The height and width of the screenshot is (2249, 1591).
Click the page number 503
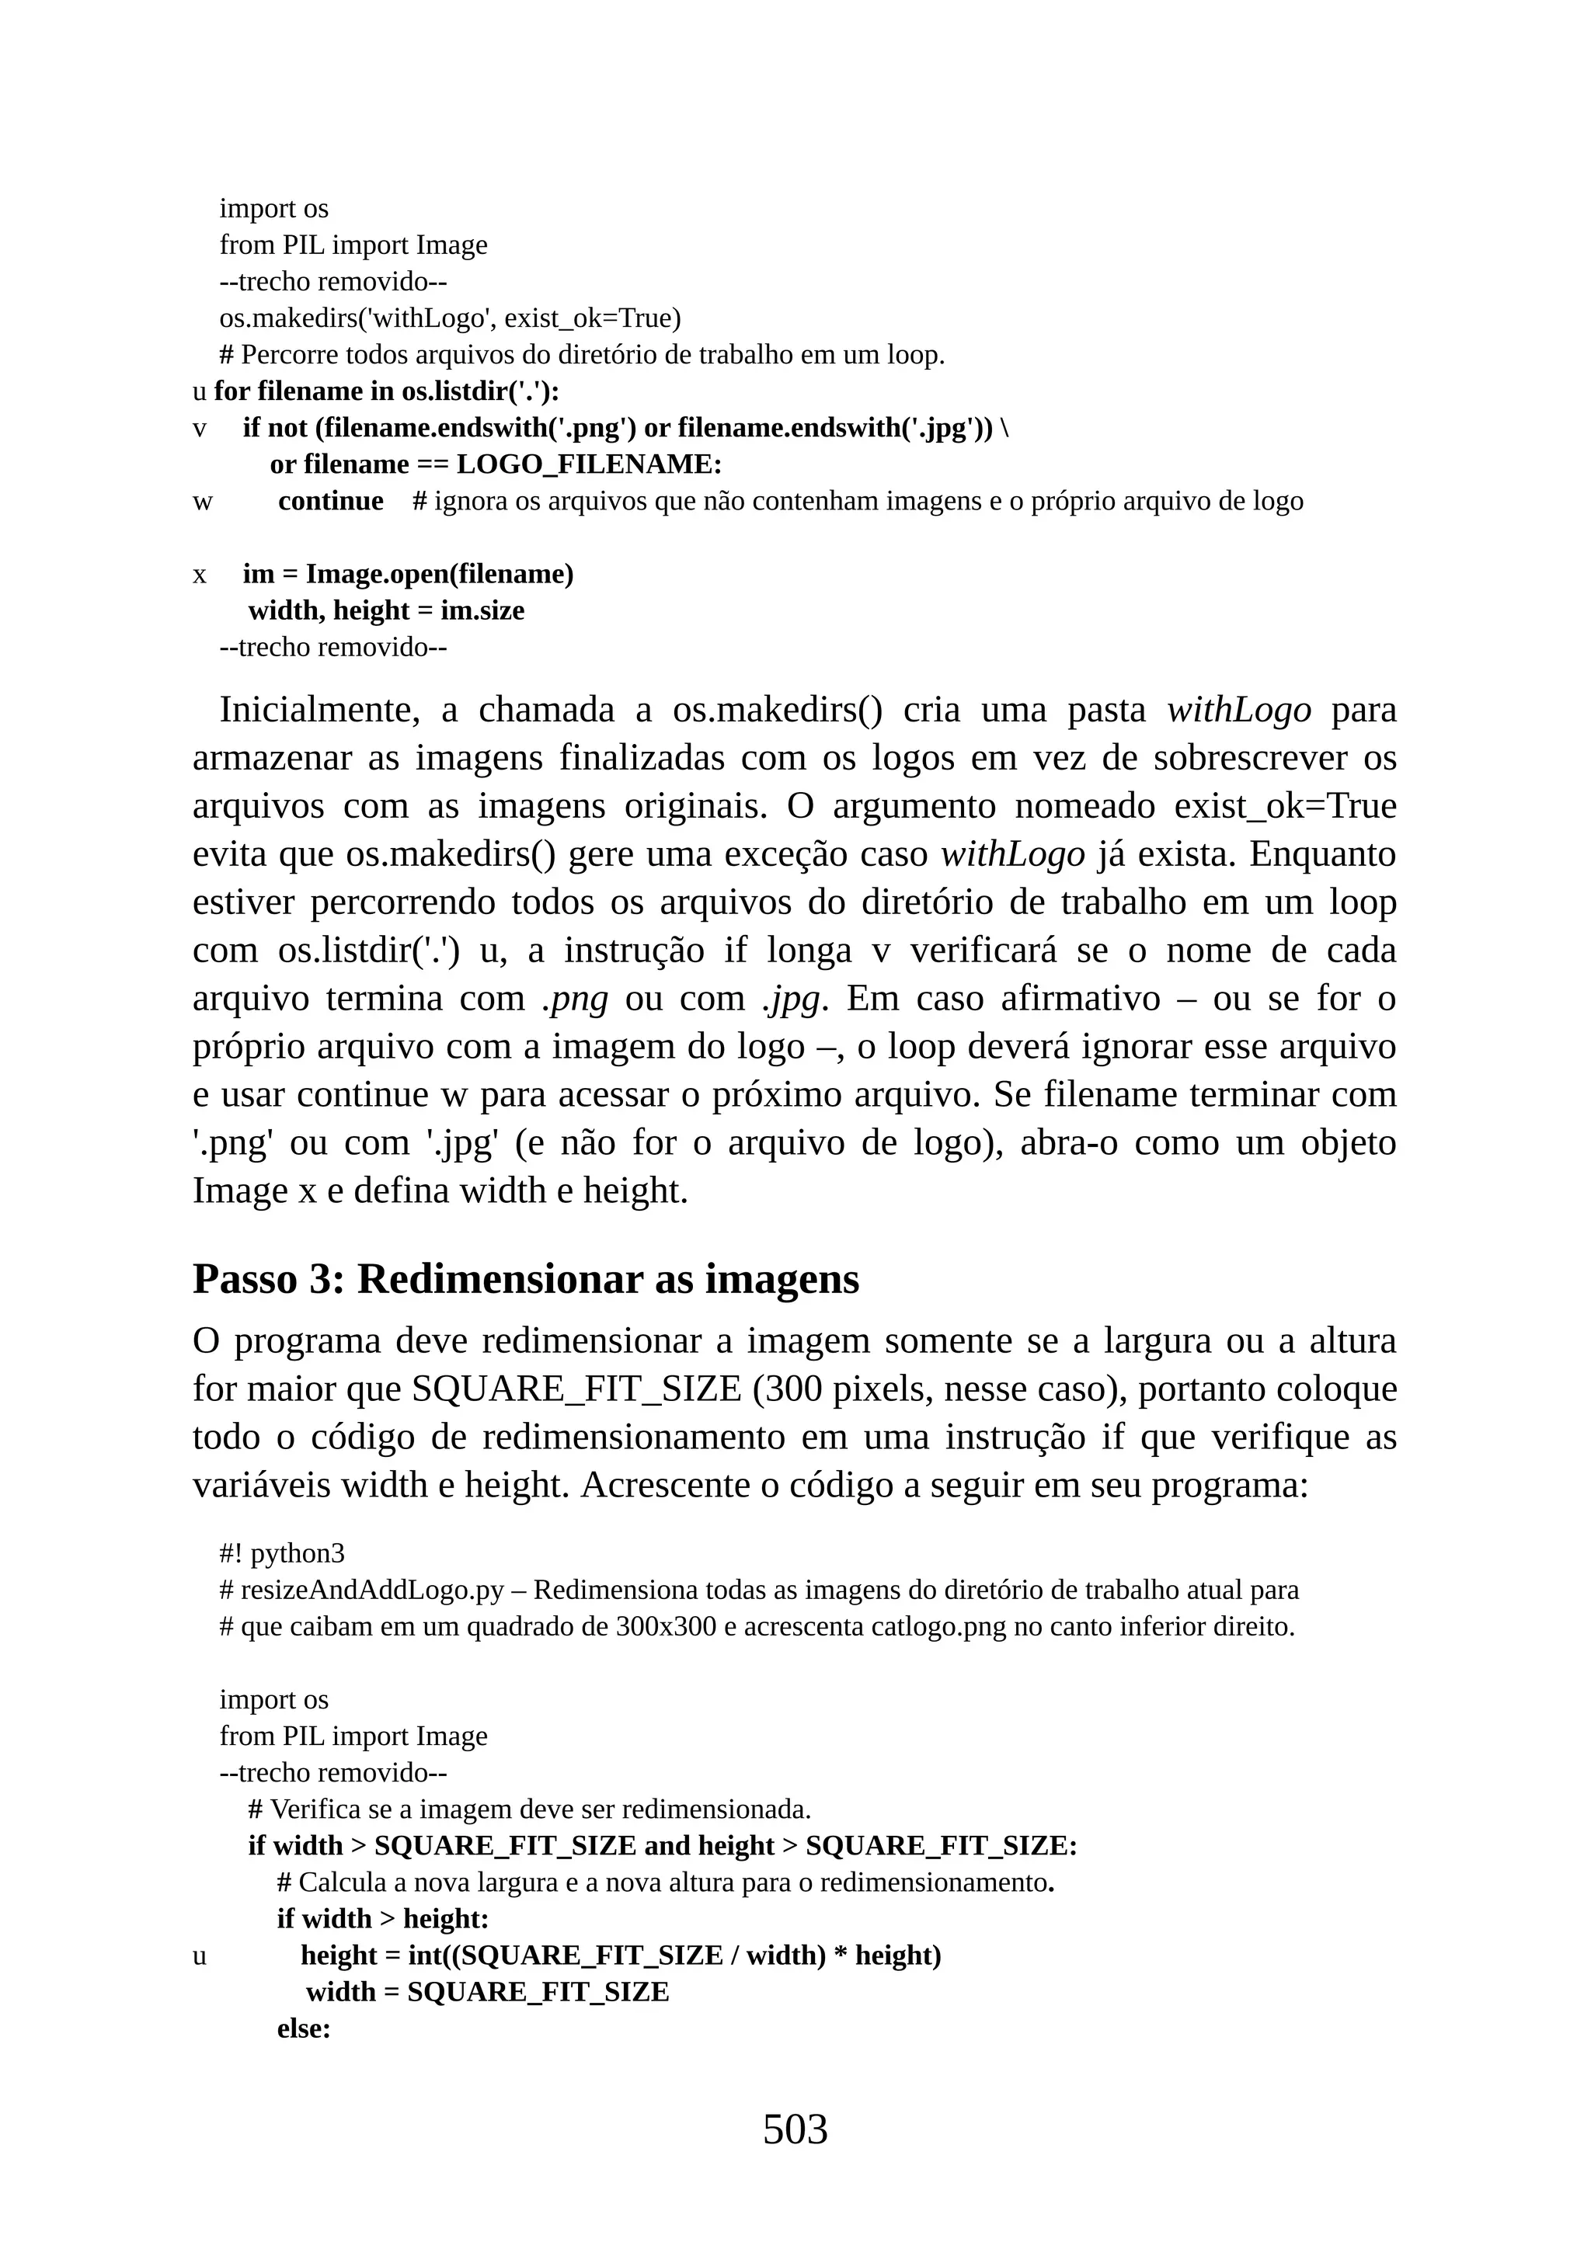(795, 2129)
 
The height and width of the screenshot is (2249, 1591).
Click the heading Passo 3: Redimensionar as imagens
(525, 1279)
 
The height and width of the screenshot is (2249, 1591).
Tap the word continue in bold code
(330, 502)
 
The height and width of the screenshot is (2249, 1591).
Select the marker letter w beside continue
(202, 502)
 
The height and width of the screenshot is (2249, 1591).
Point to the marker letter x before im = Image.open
(200, 575)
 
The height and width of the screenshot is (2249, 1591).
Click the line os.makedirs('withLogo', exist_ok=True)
(450, 318)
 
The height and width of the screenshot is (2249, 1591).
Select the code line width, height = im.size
(386, 611)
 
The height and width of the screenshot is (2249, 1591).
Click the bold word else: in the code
(304, 2028)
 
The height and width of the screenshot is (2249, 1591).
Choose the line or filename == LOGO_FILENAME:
(496, 464)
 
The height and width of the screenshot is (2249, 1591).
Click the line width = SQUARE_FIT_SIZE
(487, 1993)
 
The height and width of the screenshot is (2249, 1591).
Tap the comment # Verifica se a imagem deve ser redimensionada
(529, 1808)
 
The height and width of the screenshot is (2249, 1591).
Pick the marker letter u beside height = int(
(200, 1956)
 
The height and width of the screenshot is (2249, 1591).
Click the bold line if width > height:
(382, 1919)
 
